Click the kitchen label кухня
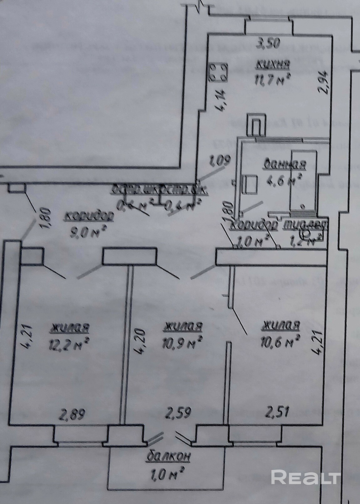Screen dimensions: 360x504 pyautogui.click(x=273, y=65)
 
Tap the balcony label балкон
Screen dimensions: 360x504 pyautogui.click(x=168, y=456)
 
